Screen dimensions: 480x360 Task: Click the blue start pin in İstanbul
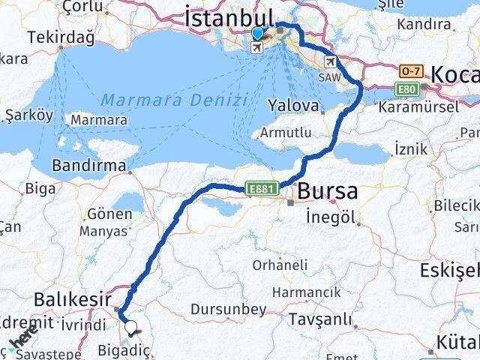(258, 34)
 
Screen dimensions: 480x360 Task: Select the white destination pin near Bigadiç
(131, 328)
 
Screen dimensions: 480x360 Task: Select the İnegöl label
(328, 216)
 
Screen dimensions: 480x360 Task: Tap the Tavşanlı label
(321, 320)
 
